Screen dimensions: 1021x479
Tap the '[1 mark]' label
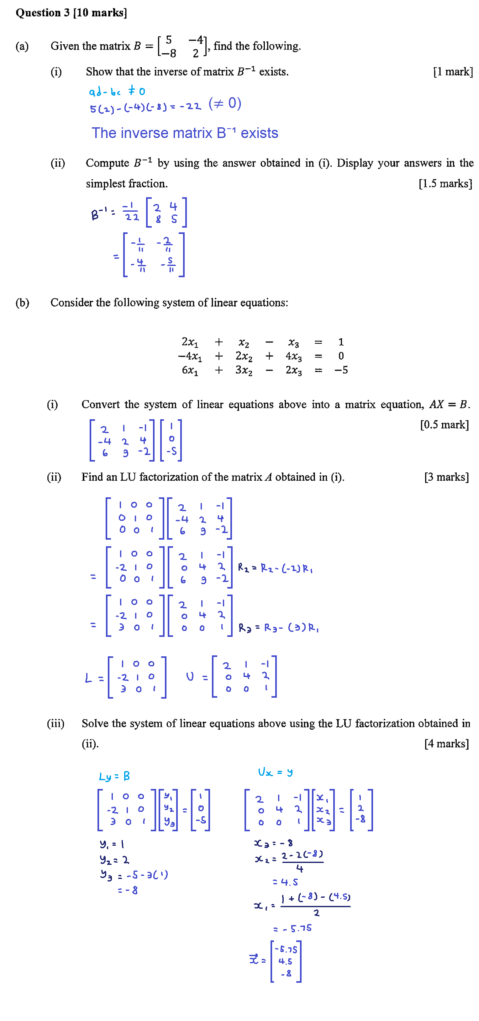(452, 72)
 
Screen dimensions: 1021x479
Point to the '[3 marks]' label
(446, 477)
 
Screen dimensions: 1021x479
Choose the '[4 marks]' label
(446, 743)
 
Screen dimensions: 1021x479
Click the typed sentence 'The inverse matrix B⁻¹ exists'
(185, 133)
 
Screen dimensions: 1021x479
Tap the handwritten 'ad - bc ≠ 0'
(117, 92)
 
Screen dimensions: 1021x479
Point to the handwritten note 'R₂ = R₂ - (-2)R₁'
(275, 568)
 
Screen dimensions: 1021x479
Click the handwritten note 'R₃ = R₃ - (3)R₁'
(278, 628)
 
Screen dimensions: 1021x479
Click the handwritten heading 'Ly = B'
(114, 776)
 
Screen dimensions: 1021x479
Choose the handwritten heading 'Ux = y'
(275, 772)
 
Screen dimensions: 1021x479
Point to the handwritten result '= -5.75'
(293, 928)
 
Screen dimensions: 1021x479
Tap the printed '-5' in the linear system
(341, 370)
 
